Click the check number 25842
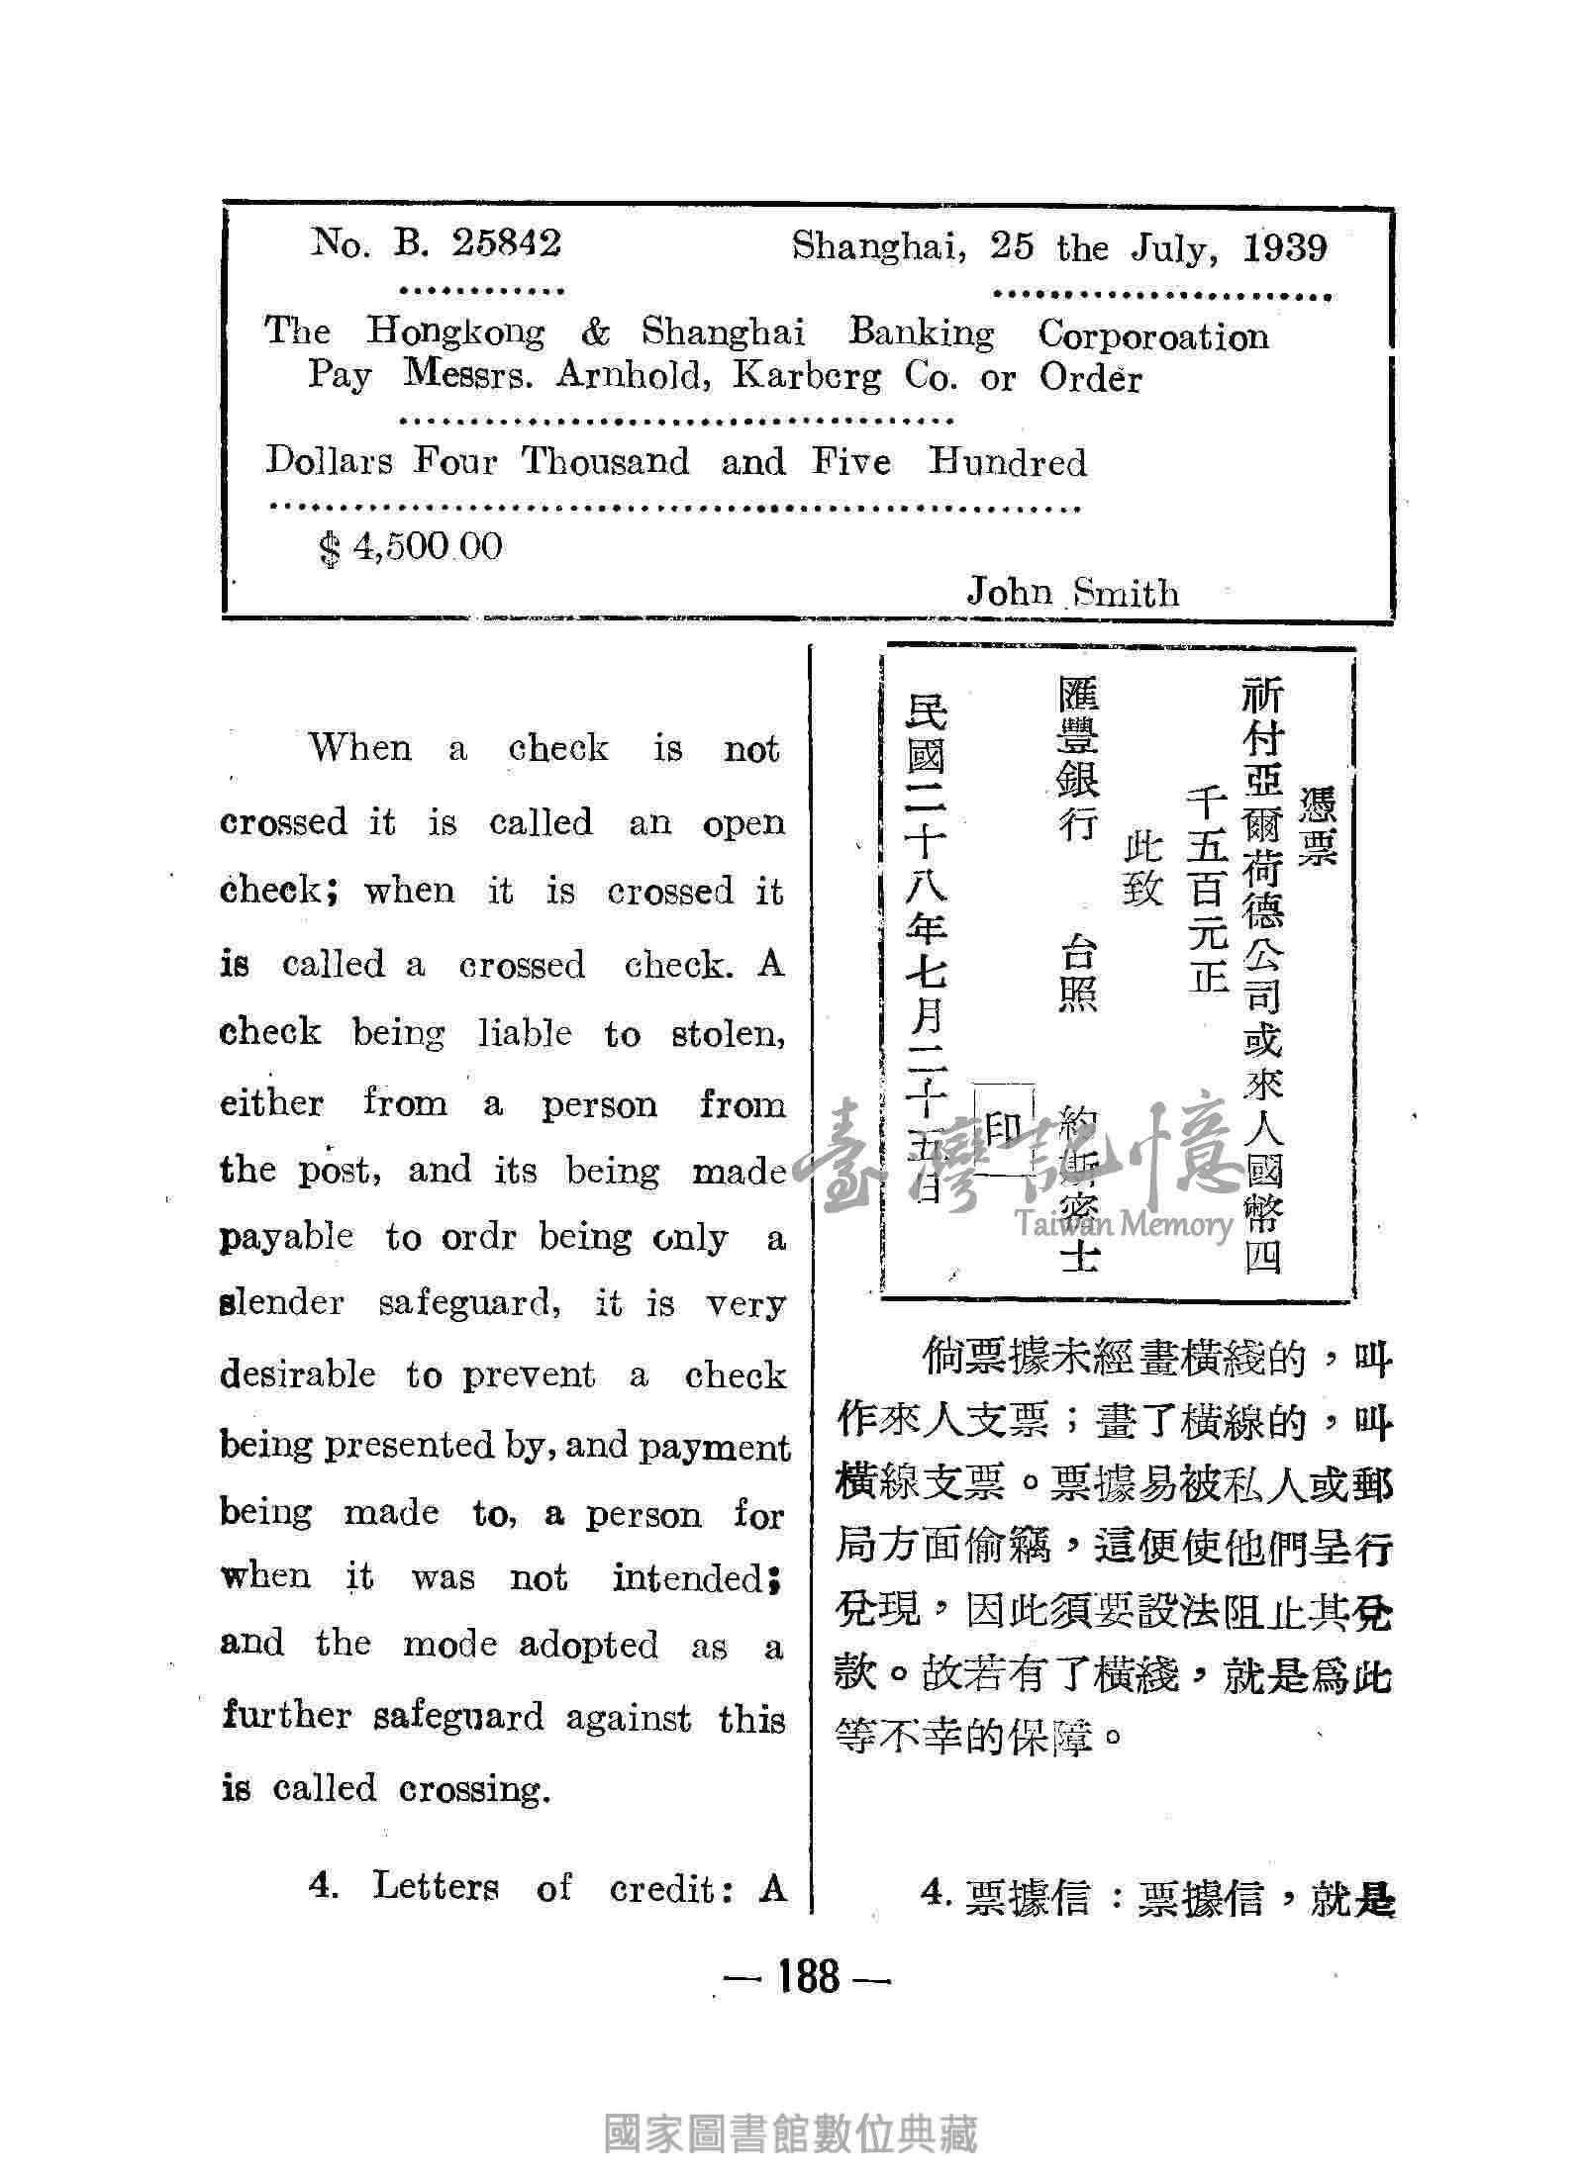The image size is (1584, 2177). click(x=506, y=243)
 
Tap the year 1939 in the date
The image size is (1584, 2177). click(x=1284, y=247)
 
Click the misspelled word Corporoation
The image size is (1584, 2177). click(x=1152, y=335)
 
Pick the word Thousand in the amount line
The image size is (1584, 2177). click(x=605, y=462)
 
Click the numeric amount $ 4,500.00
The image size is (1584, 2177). click(x=410, y=546)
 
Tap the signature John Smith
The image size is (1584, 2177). click(x=1072, y=593)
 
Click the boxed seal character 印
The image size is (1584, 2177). click(x=1003, y=1128)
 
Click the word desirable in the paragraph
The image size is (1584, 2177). click(x=298, y=1374)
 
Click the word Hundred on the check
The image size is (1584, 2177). click(x=1006, y=463)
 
